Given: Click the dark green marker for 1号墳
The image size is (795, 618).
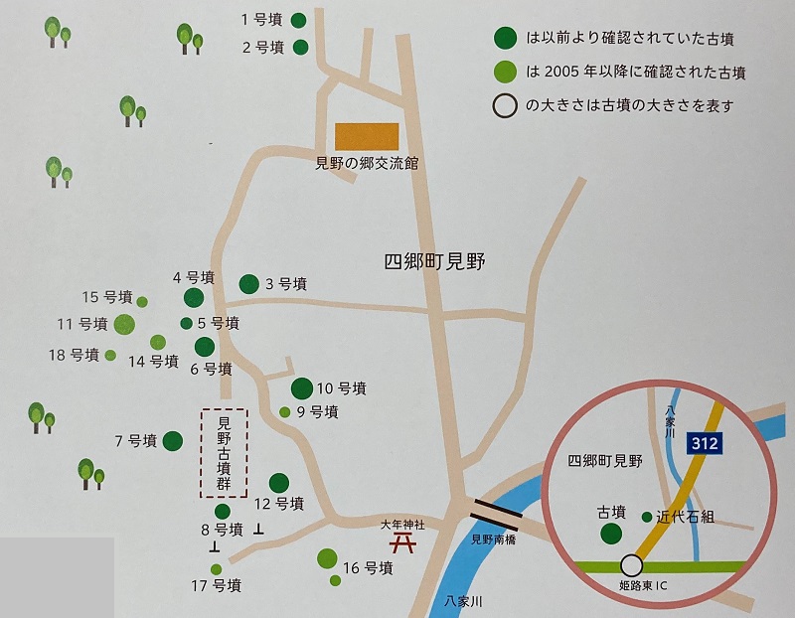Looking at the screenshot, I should click(298, 20).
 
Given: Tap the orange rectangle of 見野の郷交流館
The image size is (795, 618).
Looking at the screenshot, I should click(366, 137).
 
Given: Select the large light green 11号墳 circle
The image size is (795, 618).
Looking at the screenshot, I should click(124, 323).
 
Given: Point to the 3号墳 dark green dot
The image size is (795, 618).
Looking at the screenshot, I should click(248, 283).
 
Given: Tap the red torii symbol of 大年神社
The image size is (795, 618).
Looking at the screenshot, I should click(402, 542).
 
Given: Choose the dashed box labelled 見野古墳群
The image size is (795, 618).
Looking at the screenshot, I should click(224, 453).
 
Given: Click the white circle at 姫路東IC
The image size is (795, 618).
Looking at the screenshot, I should click(630, 565).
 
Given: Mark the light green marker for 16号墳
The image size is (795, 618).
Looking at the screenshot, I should click(326, 558).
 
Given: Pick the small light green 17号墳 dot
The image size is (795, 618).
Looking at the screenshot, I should click(215, 569).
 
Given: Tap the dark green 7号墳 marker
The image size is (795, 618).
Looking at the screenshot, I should click(173, 440).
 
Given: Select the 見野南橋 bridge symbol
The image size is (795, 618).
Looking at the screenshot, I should click(495, 513).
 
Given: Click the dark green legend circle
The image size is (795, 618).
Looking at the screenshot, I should click(505, 38).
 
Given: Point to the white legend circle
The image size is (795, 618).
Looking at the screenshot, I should click(505, 104).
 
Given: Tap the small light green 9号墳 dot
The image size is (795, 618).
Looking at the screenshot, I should click(285, 412).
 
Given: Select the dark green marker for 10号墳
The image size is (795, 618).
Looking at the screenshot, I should click(301, 388).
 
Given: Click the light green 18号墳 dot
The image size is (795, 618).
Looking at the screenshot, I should click(110, 355).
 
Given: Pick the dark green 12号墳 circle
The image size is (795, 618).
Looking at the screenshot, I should click(278, 482).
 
